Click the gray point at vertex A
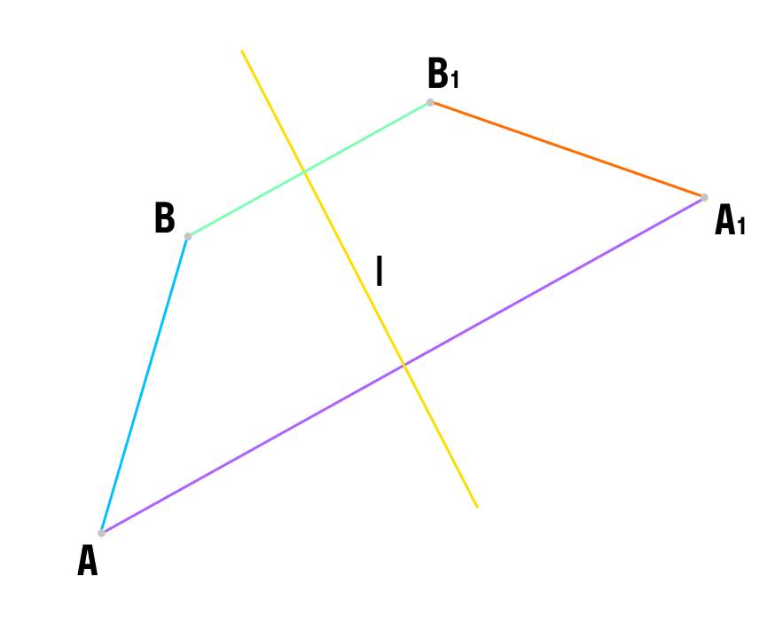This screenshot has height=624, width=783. click(101, 533)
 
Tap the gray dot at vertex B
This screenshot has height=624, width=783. click(188, 236)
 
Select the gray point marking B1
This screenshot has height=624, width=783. click(430, 102)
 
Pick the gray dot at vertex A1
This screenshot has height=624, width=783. click(704, 198)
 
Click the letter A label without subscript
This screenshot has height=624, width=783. click(88, 560)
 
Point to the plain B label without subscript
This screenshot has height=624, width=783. click(165, 217)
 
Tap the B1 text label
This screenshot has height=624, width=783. click(443, 73)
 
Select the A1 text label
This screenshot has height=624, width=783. click(730, 219)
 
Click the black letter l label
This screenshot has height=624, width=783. click(380, 271)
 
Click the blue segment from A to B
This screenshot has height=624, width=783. click(145, 385)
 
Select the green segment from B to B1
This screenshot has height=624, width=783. click(309, 170)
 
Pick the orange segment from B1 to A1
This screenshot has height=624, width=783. click(568, 150)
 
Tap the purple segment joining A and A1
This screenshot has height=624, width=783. click(403, 366)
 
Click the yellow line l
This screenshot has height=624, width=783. click(359, 279)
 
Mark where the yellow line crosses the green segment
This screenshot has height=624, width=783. click(305, 172)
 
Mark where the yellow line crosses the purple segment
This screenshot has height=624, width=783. click(404, 366)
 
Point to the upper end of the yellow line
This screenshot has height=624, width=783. click(242, 51)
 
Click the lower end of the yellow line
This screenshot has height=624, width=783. click(477, 508)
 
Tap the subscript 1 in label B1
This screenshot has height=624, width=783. click(454, 80)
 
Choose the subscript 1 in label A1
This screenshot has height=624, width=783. click(741, 226)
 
